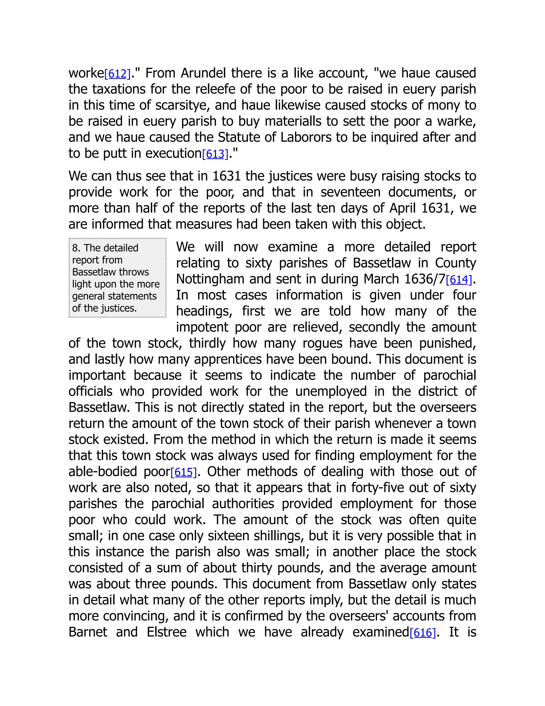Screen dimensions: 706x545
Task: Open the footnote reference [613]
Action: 215,154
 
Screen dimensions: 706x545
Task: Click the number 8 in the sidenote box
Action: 75,248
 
